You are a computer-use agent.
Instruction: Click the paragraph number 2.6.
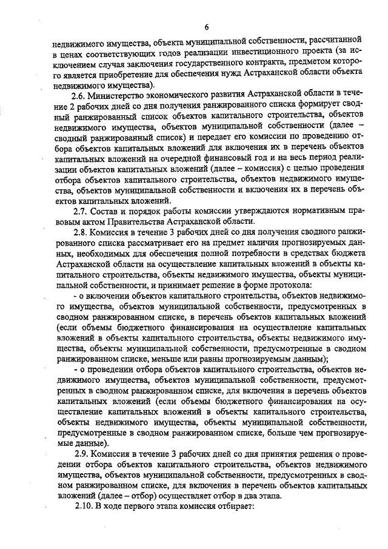[81, 95]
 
